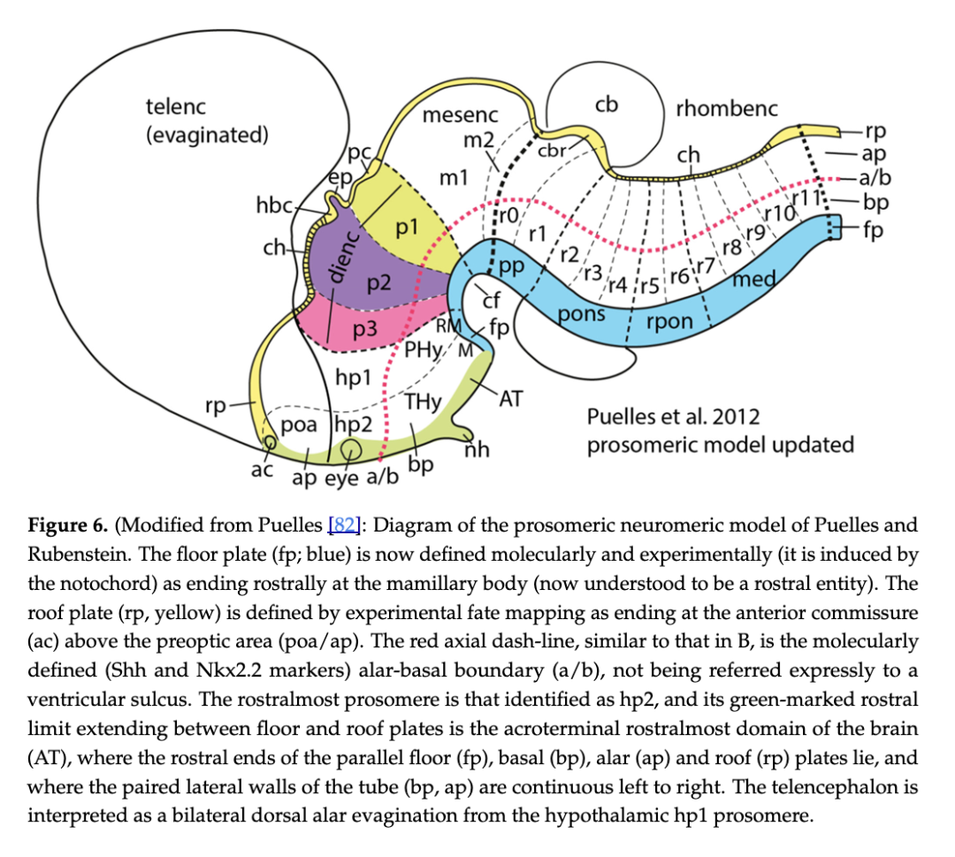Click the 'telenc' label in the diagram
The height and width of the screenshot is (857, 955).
point(175,107)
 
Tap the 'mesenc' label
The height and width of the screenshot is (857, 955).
point(460,115)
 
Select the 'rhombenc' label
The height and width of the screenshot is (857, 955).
point(727,109)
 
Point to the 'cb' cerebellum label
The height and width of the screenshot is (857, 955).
point(606,104)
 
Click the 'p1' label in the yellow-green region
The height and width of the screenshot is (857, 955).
point(407,227)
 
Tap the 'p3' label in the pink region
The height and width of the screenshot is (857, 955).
point(364,330)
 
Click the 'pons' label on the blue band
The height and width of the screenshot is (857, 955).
point(581,314)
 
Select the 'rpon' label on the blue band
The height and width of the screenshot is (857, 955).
point(669,321)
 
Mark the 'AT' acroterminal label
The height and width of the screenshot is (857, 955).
point(512,399)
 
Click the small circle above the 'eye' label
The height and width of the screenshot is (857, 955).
point(351,449)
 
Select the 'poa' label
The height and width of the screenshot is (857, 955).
point(298,425)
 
